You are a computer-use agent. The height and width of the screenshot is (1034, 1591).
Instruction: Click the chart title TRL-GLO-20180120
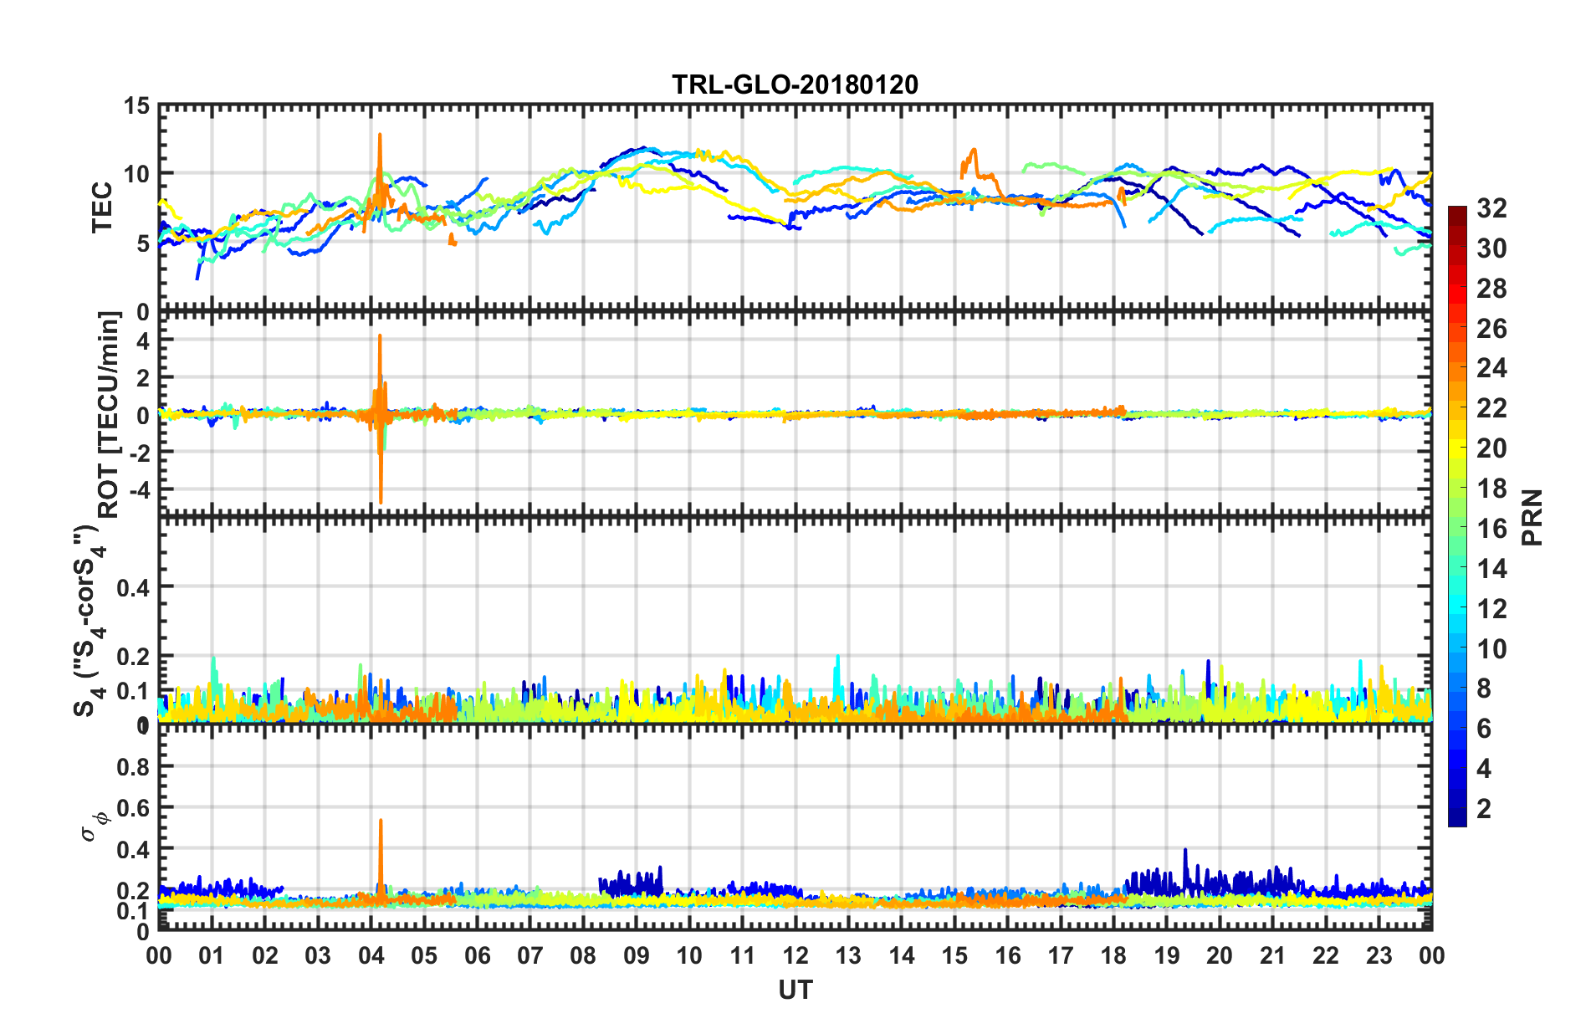click(795, 84)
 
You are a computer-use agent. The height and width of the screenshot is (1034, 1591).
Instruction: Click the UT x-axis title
click(795, 990)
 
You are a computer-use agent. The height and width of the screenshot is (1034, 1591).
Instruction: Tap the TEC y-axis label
click(102, 207)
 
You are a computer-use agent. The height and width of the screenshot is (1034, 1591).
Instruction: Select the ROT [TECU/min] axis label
click(109, 415)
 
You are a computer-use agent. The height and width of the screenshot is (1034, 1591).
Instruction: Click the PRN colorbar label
click(1532, 517)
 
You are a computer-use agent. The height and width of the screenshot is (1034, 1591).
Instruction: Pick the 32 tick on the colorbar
click(1491, 208)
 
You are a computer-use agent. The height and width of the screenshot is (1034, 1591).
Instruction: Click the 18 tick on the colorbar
click(1491, 489)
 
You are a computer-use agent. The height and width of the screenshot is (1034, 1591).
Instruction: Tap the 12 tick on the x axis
click(795, 956)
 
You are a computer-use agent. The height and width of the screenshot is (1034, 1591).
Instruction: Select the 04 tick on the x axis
click(371, 956)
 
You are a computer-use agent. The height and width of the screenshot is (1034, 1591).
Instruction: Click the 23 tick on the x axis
click(1379, 956)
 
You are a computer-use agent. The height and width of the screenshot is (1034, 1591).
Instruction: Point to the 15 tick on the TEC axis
click(137, 106)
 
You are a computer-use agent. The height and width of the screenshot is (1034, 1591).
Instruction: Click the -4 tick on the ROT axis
click(140, 489)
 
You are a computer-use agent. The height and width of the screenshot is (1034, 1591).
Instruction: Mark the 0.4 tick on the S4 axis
click(133, 588)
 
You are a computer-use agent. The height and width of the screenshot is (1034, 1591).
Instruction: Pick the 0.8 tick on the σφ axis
click(134, 767)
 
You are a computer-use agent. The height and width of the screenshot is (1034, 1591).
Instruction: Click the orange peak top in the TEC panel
click(379, 135)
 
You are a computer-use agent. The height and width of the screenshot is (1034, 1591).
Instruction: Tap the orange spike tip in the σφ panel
click(381, 821)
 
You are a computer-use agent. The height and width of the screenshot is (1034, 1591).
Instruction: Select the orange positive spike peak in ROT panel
click(380, 336)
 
